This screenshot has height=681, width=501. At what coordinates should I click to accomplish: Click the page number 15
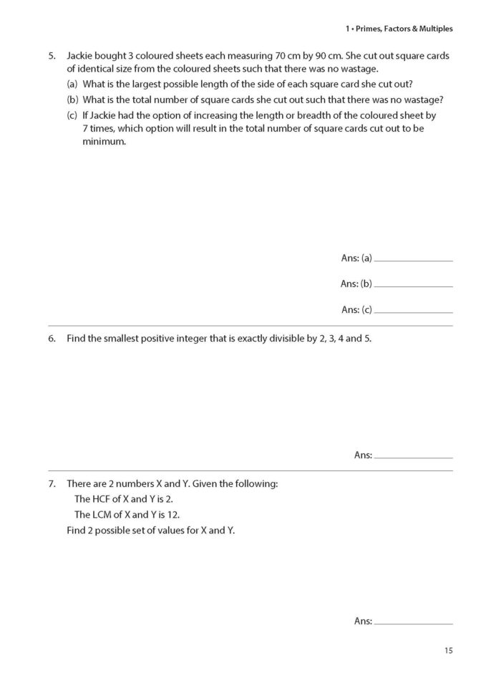[448, 651]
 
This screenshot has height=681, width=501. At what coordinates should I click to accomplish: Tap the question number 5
[52, 55]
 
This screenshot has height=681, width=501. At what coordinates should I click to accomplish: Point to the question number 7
[52, 483]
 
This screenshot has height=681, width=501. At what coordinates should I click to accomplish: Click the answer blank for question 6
[413, 456]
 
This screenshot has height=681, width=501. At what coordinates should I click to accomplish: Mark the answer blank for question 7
[413, 623]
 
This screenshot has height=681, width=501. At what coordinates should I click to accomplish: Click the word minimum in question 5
[104, 142]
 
